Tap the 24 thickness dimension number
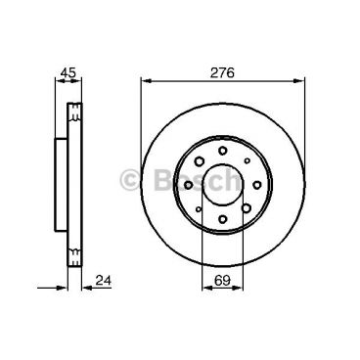coord(104,283)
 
